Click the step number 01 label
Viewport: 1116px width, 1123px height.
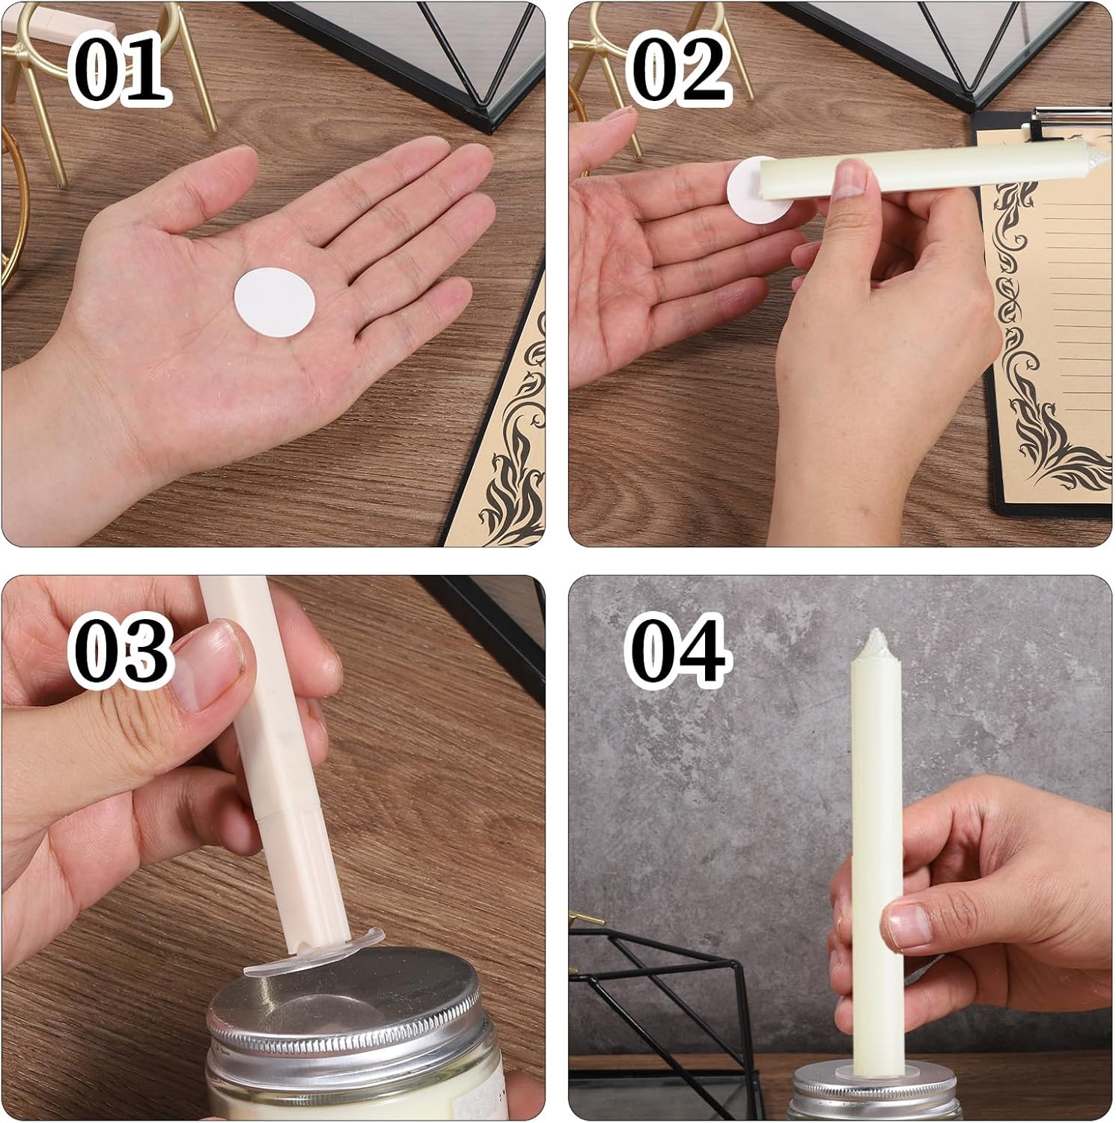pyautogui.click(x=120, y=69)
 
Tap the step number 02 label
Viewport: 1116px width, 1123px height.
pyautogui.click(x=678, y=69)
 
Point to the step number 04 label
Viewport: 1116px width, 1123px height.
pyautogui.click(x=678, y=648)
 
